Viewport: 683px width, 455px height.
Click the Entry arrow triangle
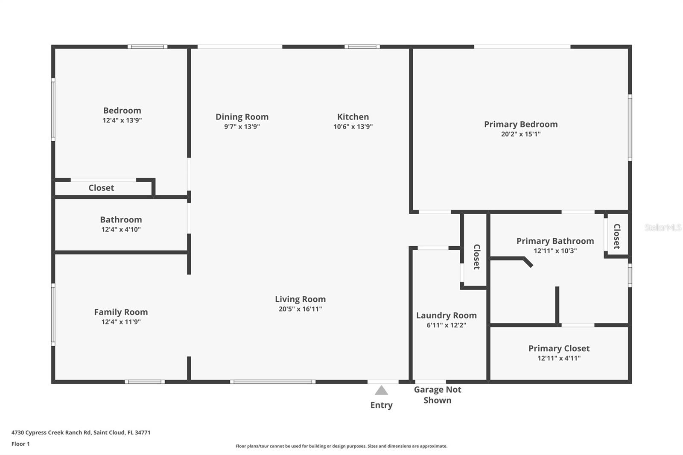[x=381, y=391]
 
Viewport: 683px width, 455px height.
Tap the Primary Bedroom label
[x=521, y=124]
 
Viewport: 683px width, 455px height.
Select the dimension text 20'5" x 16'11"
[x=300, y=309]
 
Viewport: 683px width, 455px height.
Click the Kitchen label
[x=353, y=117]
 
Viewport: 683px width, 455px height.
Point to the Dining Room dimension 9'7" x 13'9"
[x=242, y=127]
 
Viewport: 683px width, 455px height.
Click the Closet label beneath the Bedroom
[x=101, y=188]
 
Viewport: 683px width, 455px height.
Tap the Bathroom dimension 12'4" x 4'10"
[x=121, y=230]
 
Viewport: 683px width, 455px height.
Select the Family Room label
[x=121, y=312]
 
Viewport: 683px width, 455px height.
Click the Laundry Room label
[x=446, y=315]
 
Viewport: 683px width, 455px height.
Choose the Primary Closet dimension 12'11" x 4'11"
[x=559, y=359]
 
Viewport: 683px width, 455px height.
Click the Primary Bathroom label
[x=555, y=241]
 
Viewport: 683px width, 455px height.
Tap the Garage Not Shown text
[x=438, y=395]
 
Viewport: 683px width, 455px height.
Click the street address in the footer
[x=81, y=432]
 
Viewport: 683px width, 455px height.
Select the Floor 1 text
[x=20, y=444]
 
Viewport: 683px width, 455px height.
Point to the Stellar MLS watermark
[x=663, y=227]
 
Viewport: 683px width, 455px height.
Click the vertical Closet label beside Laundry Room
[x=476, y=257]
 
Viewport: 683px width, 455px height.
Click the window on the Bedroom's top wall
[x=147, y=47]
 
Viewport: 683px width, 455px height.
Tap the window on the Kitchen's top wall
[x=362, y=47]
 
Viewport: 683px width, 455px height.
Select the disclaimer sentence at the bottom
[x=341, y=446]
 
